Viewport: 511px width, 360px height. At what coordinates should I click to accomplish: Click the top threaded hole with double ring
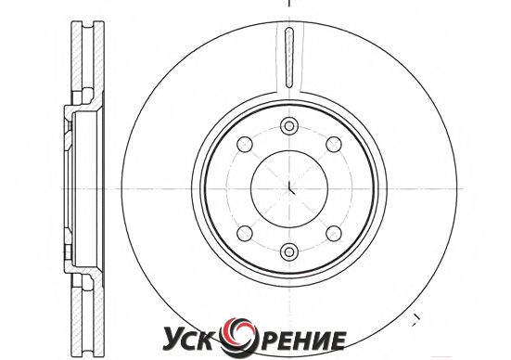(289, 126)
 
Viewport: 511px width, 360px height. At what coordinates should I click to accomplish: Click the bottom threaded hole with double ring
(289, 251)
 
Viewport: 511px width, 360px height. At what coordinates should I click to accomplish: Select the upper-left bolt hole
(245, 144)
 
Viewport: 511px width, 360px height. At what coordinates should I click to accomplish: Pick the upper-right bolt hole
(334, 144)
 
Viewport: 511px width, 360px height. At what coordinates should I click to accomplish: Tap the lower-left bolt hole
(245, 233)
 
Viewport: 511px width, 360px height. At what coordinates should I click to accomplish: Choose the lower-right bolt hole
(334, 233)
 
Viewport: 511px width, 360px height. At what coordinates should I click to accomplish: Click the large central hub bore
(289, 188)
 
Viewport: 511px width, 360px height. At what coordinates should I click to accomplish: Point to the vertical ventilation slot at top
(289, 58)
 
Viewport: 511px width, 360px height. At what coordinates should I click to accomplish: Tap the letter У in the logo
(172, 341)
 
